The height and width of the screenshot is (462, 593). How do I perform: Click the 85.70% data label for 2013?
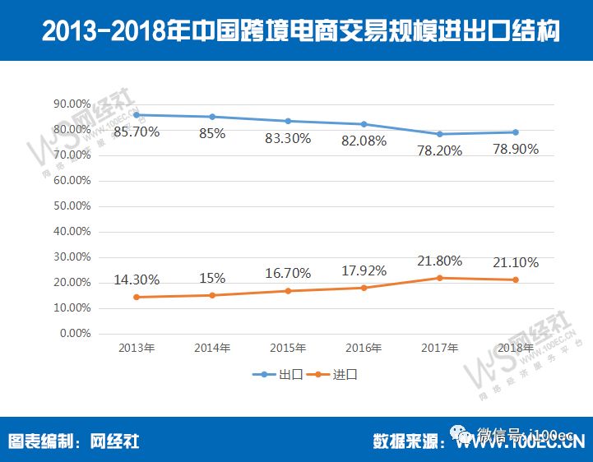coord(137,131)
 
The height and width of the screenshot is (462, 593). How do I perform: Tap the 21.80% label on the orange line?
coord(440,261)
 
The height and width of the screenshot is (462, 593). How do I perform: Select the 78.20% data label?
coord(440,150)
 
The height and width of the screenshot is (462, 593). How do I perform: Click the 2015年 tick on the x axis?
coord(288,348)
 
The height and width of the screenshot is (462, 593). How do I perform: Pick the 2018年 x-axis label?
coord(516,348)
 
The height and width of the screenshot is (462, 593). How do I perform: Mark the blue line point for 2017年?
coord(440,134)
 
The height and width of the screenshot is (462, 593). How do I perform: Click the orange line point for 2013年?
coord(137,297)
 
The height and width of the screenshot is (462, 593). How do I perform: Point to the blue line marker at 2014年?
coord(212,117)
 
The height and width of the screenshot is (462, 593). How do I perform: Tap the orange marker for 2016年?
coord(364,288)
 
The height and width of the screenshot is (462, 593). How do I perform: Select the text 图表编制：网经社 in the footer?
coord(73,441)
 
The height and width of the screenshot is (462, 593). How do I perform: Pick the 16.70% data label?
coord(288,271)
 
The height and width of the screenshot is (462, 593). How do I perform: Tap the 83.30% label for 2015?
coord(288,138)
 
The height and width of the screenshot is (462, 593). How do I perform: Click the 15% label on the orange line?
coord(212,277)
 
